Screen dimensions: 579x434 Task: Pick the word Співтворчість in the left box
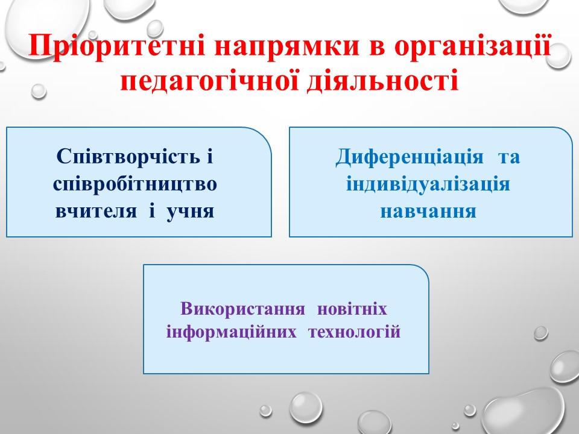pos(128,157)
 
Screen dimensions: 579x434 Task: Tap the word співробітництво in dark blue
pos(134,184)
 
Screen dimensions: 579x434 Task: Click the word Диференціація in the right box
pos(409,157)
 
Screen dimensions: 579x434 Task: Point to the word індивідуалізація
pos(428,184)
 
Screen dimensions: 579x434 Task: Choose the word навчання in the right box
pos(428,212)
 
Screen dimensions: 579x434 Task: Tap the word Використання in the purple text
pos(242,309)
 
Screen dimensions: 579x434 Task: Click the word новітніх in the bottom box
pos(352,309)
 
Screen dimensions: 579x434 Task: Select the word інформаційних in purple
pos(231,332)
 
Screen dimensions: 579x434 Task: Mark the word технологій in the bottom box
pos(355,332)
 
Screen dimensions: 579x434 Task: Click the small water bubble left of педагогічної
pos(39,91)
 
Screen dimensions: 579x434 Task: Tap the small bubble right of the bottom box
pos(540,333)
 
